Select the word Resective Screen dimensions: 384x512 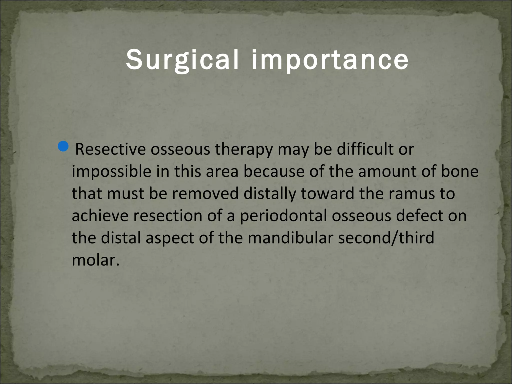tap(110, 149)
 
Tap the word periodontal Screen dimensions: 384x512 tap(283, 216)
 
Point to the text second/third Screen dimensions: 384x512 tap(386, 238)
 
